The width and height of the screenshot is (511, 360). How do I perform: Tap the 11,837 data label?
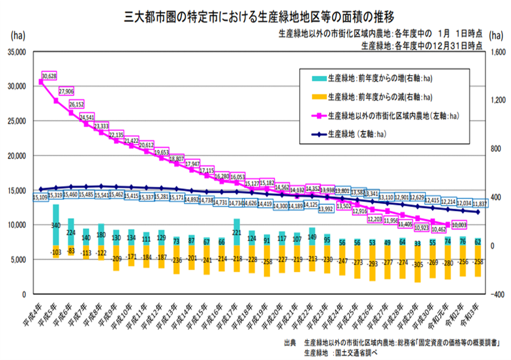point(480,203)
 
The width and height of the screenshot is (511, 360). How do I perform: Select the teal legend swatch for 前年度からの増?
point(318,78)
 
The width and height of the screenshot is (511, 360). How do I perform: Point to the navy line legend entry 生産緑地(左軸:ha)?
point(364,134)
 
